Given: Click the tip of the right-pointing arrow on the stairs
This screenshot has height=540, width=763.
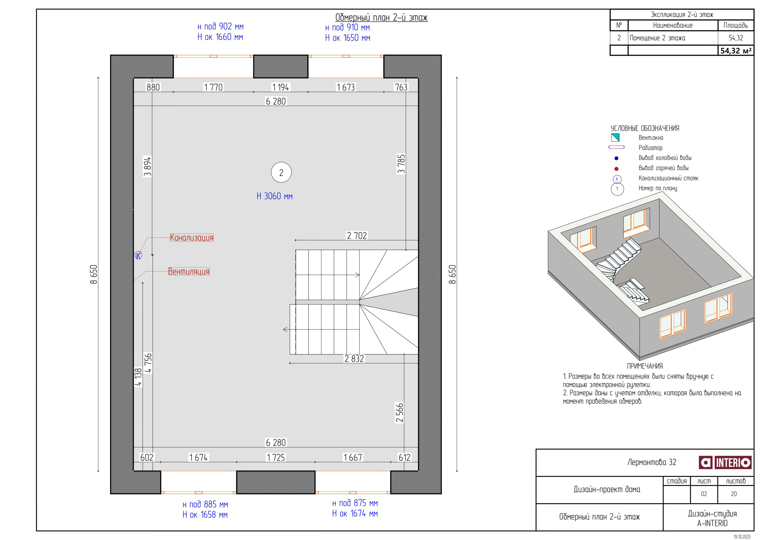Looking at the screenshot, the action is coord(359,275).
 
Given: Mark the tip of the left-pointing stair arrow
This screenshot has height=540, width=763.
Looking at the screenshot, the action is coord(283,329).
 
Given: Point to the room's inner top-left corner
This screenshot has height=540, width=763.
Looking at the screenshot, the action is coord(134,78).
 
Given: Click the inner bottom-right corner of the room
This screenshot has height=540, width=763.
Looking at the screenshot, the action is coord(418,470).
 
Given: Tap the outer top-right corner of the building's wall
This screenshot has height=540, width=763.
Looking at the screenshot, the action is coord(441,55).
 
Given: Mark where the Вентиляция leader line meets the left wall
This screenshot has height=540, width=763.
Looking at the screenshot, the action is coord(134,282).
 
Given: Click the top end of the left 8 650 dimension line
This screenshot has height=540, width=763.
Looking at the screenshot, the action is coord(98,78).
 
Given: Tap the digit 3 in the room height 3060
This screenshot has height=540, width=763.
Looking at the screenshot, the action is coord(266,196).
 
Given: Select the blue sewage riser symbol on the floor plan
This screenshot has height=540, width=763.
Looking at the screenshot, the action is coord(138,255).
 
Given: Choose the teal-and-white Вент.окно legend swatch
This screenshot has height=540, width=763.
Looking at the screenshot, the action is coord(615,137).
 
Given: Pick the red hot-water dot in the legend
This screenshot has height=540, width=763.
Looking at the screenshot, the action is coord(617,169).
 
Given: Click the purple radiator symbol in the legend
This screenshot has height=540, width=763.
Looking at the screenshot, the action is coord(617,147).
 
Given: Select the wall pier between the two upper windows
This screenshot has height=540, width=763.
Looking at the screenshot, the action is coord(281,66).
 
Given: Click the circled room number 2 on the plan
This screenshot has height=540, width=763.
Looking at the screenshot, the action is coord(281,172).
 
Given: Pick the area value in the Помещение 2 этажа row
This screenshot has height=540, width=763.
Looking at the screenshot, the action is coord(736,38).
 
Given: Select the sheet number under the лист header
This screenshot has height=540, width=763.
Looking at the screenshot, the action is coord(704,494).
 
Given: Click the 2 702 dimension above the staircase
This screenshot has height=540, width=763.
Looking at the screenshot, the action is coord(357,235).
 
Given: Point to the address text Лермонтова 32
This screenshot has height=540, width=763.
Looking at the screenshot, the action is coord(652,462).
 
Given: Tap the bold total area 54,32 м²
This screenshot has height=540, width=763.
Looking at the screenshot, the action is coord(736,51).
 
